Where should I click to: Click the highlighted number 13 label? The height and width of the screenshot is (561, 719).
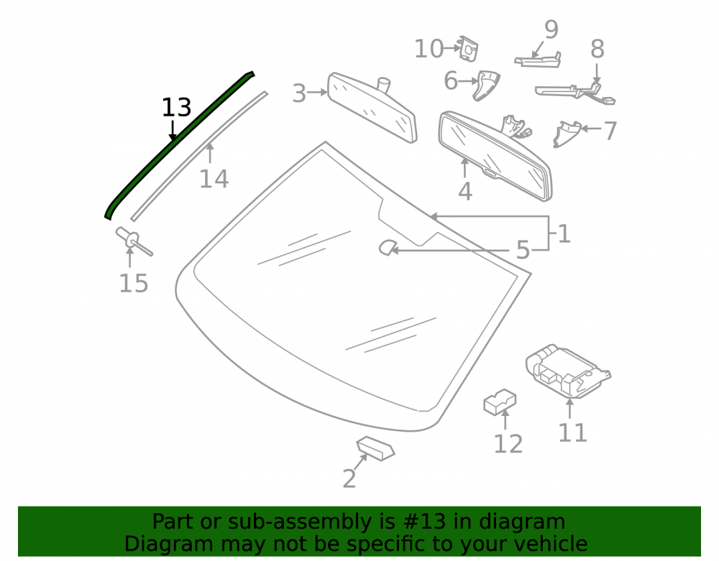point(177,108)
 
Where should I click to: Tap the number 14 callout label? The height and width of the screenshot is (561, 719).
point(214,179)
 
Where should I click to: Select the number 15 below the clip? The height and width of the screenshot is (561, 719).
point(134,284)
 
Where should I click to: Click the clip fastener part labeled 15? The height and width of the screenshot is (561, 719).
point(132,240)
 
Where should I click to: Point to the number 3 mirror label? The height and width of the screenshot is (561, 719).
point(299,93)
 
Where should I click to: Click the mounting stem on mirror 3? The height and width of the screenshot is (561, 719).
point(383,84)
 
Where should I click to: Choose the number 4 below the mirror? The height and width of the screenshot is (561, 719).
point(465,191)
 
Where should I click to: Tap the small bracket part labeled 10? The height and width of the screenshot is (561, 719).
point(469,49)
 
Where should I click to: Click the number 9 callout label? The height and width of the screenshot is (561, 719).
point(551,29)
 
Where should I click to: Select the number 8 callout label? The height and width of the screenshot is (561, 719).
point(597,49)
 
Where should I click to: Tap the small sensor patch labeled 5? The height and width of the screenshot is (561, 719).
point(387,248)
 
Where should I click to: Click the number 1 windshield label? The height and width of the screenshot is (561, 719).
point(564,233)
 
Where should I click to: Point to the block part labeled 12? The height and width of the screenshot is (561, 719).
point(500,402)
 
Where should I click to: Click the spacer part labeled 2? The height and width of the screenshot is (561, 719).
point(375,448)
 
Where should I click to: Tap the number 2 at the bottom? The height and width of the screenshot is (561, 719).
point(349,479)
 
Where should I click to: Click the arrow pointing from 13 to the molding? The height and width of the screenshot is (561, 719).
point(173,130)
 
